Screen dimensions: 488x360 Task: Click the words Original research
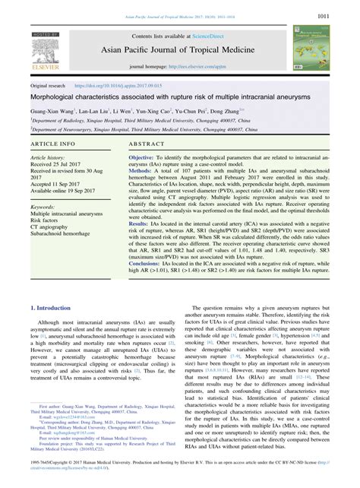click(x=49, y=87)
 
